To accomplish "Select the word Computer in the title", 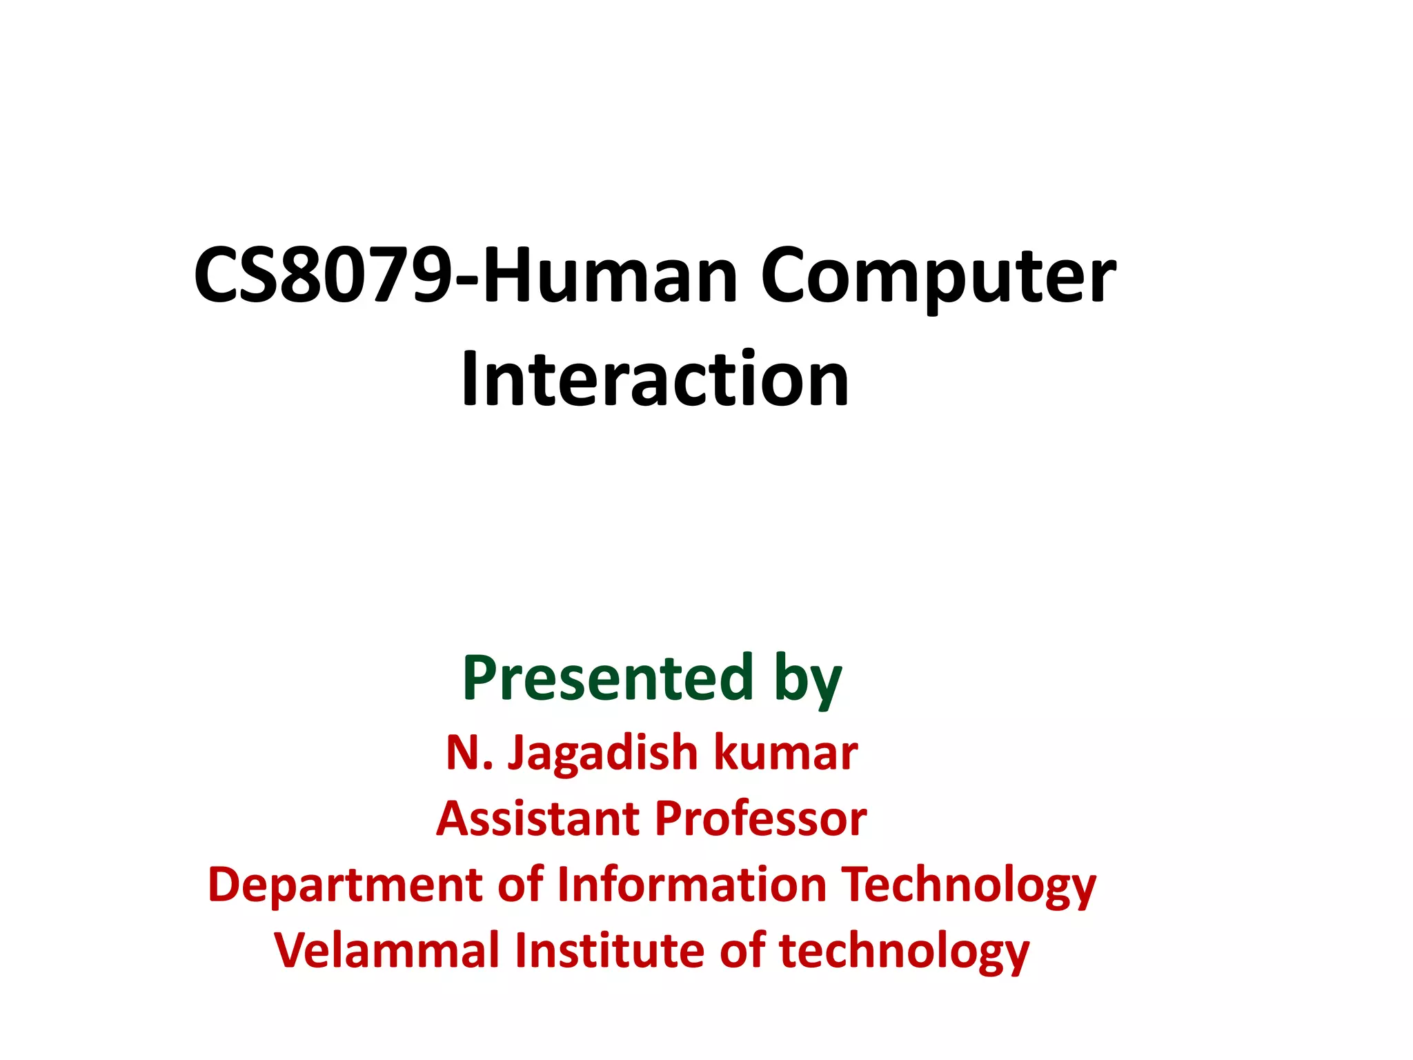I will pyautogui.click(x=938, y=276).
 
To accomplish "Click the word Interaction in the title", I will pyautogui.click(x=655, y=380).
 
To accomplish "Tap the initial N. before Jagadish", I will pyautogui.click(x=469, y=752).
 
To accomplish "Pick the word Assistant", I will pyautogui.click(x=538, y=818).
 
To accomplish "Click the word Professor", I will pyautogui.click(x=760, y=818).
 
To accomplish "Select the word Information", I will pyautogui.click(x=691, y=885).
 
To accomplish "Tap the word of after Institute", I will pyautogui.click(x=742, y=951).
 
